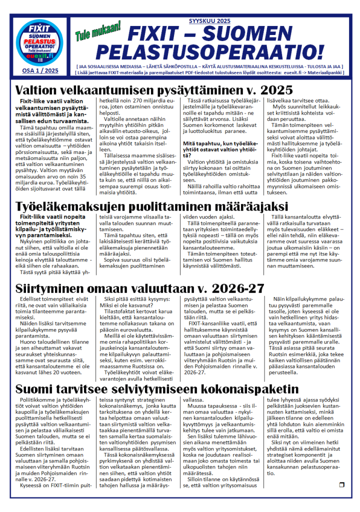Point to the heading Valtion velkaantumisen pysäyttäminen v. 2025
tap(154, 90)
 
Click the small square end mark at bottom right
tap(341, 484)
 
